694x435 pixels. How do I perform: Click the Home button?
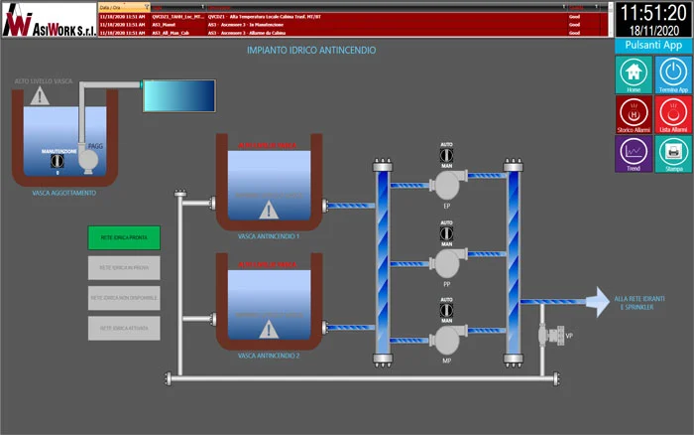pyautogui.click(x=633, y=73)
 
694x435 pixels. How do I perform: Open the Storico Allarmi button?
pyautogui.click(x=633, y=113)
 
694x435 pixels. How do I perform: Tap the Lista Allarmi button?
pyautogui.click(x=673, y=113)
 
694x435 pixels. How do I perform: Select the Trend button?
pyautogui.click(x=633, y=153)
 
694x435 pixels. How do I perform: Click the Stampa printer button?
pyautogui.click(x=673, y=153)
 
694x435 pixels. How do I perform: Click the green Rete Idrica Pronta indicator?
pyautogui.click(x=123, y=238)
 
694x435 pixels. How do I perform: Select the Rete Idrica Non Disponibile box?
pyautogui.click(x=123, y=297)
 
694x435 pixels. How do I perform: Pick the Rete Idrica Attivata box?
pyautogui.click(x=123, y=327)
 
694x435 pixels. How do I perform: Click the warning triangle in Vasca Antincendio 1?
pyautogui.click(x=268, y=210)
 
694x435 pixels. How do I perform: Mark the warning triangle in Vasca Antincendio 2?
pyautogui.click(x=268, y=329)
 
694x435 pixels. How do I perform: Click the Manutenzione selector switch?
pyautogui.click(x=58, y=159)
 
